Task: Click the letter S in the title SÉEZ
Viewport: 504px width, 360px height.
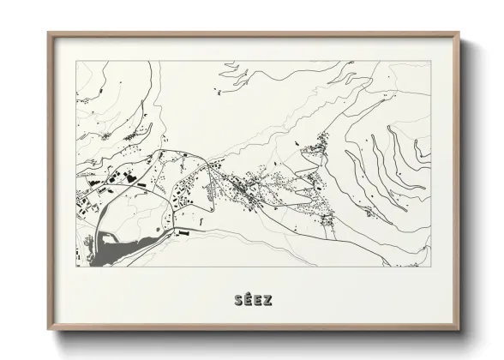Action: point(237,300)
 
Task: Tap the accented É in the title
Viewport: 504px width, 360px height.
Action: point(247,300)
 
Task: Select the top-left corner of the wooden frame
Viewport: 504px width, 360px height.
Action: point(48,33)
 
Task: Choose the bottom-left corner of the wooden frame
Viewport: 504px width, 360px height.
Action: point(48,330)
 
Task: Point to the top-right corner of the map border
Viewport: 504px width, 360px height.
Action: point(431,61)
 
